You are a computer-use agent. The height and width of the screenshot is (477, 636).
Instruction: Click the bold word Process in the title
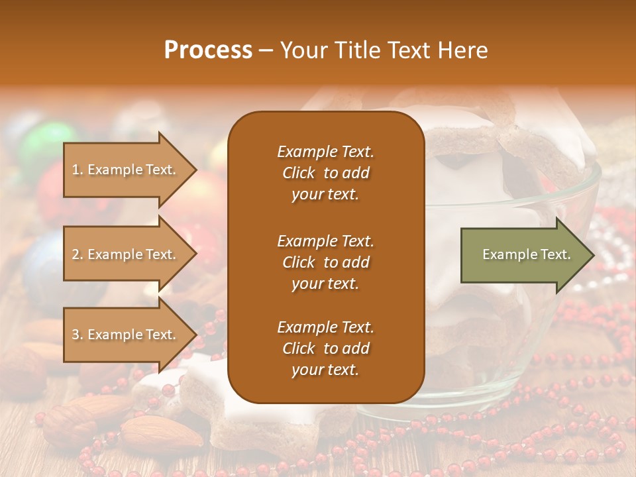208,50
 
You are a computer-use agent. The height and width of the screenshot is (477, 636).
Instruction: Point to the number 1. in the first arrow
78,170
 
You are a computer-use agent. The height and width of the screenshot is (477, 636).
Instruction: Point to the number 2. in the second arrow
78,254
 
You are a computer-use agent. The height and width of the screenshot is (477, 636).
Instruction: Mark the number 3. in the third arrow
78,335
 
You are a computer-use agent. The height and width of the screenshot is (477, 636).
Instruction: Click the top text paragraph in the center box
325,173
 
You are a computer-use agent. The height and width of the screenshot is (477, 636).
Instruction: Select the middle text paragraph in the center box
325,262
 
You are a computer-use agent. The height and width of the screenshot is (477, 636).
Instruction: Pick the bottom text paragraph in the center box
325,348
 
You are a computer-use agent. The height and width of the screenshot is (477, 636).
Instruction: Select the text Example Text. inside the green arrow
526,254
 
